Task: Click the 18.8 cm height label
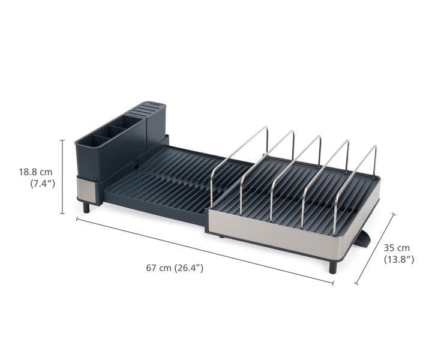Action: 35,172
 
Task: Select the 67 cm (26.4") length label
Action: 175,268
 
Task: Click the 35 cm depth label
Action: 397,247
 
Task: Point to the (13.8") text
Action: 399,259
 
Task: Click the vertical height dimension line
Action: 62,176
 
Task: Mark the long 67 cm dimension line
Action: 204,248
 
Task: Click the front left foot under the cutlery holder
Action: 86,207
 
